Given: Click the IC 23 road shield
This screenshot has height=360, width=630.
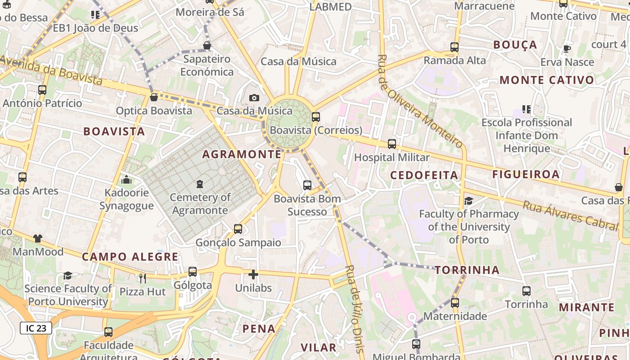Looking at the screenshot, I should pos(36,328).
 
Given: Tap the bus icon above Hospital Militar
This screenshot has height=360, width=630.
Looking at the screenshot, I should pos(392,144).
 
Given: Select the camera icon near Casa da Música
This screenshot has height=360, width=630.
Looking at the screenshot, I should pos(254,98).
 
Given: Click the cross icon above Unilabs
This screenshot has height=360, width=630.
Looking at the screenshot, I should pos(253,274).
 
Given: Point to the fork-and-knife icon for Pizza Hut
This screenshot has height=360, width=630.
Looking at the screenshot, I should pos(143,279).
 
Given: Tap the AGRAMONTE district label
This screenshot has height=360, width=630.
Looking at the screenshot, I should pos(242,154).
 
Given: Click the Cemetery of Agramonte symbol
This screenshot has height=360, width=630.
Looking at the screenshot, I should pos(200,184).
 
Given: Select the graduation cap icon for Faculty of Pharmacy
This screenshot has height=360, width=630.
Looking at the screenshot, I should pos(468,201).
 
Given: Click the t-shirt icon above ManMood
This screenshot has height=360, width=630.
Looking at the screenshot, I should pos(38,238).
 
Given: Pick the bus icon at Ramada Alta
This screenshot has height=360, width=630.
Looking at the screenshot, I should pos(454,47).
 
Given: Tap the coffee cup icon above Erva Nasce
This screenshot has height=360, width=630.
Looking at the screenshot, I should pos(567,49).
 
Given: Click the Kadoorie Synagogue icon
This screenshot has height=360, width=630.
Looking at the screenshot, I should pos(126,180).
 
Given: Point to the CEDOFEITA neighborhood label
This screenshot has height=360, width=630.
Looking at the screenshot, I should pos(424,175).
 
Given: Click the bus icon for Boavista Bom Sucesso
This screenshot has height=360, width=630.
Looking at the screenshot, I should pos(307,185).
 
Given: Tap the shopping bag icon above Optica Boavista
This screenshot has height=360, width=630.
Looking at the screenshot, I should pos(154,97).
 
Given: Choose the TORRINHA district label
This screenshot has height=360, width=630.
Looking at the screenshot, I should pos(467,270).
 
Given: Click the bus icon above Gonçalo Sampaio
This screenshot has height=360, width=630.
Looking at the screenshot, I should pos(238,229).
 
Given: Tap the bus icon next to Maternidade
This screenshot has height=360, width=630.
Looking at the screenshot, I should pos(455,303).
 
